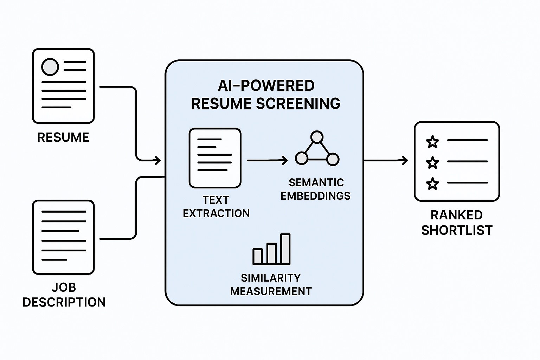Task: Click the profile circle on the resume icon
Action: pyautogui.click(x=50, y=67)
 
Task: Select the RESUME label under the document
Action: pyautogui.click(x=63, y=137)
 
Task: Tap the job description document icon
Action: pyautogui.click(x=63, y=237)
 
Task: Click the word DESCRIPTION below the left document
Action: pyautogui.click(x=64, y=302)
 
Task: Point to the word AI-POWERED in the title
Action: pyautogui.click(x=266, y=86)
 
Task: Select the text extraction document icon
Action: pyautogui.click(x=215, y=158)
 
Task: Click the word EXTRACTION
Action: pyautogui.click(x=216, y=213)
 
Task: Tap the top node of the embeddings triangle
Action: pyautogui.click(x=317, y=137)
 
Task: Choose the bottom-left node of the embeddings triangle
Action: pyautogui.click(x=301, y=159)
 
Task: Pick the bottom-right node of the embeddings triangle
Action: pyautogui.click(x=333, y=159)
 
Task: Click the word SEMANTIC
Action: pyautogui.click(x=316, y=182)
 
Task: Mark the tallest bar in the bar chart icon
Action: pyautogui.click(x=285, y=249)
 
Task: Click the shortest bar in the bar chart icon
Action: pyautogui.click(x=258, y=256)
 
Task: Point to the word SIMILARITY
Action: pyautogui.click(x=271, y=278)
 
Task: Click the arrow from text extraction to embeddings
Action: pyautogui.click(x=267, y=161)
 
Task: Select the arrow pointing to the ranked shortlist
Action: pyautogui.click(x=386, y=161)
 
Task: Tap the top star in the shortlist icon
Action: pyautogui.click(x=432, y=142)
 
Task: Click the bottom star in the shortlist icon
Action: pyautogui.click(x=432, y=184)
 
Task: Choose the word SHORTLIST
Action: pyautogui.click(x=457, y=230)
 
